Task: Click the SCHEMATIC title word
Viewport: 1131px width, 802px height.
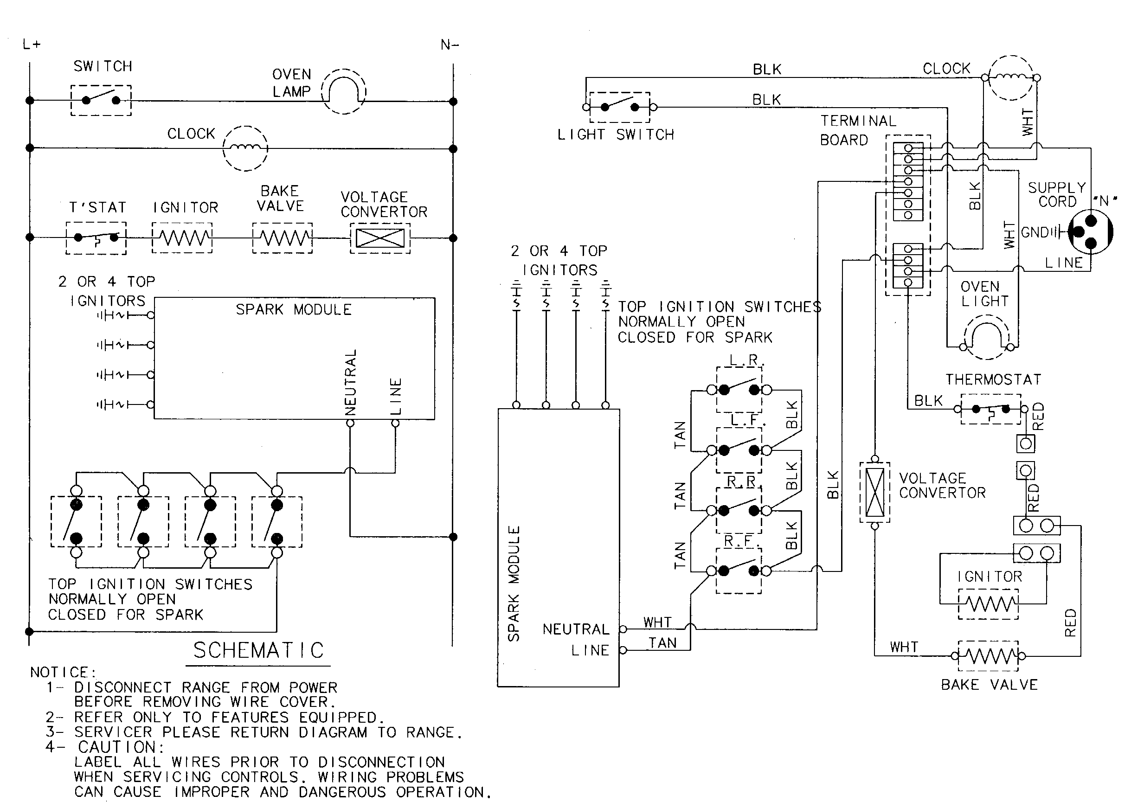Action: click(x=258, y=650)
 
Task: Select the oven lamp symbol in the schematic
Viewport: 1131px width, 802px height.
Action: click(x=344, y=92)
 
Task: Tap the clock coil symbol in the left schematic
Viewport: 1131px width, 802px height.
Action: click(x=245, y=148)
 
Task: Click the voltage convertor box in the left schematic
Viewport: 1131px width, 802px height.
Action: click(x=380, y=238)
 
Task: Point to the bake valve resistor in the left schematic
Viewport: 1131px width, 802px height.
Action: click(x=282, y=238)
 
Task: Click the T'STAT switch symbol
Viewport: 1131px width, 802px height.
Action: click(x=96, y=238)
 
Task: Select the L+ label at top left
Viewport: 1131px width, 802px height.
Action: click(x=32, y=45)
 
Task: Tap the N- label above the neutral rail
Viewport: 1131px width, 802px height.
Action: click(x=450, y=45)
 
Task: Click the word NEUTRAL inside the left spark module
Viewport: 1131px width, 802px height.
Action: click(x=350, y=382)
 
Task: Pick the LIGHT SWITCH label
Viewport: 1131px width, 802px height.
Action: click(x=616, y=135)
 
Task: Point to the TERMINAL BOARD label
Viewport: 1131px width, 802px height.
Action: click(x=858, y=130)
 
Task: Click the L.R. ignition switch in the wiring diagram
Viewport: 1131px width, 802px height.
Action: click(x=739, y=390)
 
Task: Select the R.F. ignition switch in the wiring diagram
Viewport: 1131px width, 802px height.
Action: click(x=739, y=571)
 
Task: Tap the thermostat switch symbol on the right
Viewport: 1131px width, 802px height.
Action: click(x=990, y=410)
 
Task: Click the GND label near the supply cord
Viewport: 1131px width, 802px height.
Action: click(x=1034, y=232)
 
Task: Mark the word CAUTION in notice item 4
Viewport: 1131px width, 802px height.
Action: click(x=121, y=747)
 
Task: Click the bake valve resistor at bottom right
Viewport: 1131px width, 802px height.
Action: click(x=988, y=656)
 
